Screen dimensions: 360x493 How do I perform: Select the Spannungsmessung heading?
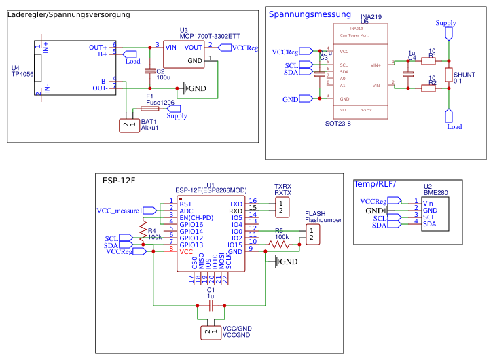pos(310,14)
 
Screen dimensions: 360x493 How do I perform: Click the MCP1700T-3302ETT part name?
pos(210,36)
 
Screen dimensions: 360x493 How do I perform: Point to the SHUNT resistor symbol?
pos(448,75)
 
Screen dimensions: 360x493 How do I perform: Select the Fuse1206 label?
pos(160,102)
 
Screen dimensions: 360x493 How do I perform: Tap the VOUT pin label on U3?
pos(194,47)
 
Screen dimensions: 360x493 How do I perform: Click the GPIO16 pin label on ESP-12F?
pos(191,224)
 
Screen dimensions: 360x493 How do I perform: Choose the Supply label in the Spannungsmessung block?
pos(445,23)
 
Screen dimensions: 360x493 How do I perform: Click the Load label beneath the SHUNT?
pos(454,126)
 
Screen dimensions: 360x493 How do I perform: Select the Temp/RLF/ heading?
pos(375,184)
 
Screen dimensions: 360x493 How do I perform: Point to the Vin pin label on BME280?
pos(428,203)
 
